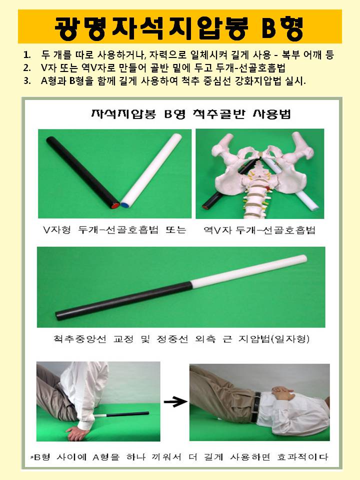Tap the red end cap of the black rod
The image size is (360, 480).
pyautogui.click(x=115, y=205)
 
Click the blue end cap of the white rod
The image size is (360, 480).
pyautogui.click(x=125, y=205)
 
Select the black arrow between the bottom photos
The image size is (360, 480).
pyautogui.click(x=175, y=401)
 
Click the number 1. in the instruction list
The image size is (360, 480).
pyautogui.click(x=27, y=55)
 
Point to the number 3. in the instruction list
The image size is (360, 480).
pyautogui.click(x=27, y=81)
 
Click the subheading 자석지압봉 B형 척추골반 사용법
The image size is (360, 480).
pyautogui.click(x=190, y=114)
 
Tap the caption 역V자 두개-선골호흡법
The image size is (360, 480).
pyautogui.click(x=259, y=230)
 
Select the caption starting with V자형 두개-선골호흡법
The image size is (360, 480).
pyautogui.click(x=114, y=230)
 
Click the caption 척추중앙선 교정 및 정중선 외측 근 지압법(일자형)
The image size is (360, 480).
pyautogui.click(x=181, y=339)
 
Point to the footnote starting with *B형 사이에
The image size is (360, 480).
pyautogui.click(x=179, y=457)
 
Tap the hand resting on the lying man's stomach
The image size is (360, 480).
pyautogui.click(x=283, y=391)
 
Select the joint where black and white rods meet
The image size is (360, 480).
pyautogui.click(x=190, y=284)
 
